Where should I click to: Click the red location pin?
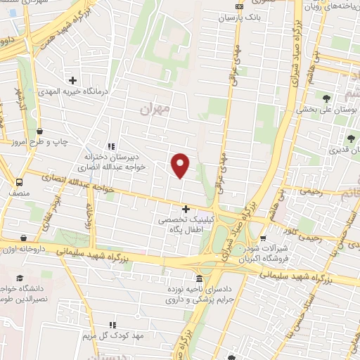pos(181,165)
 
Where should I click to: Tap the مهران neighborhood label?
pos(155,108)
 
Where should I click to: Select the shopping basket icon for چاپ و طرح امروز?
pos(39,131)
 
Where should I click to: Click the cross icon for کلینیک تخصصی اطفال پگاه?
pos(186,209)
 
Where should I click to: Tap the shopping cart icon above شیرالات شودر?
pos(265,238)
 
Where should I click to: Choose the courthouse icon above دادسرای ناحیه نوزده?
pos(200,278)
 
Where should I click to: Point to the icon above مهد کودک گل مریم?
pos(111,325)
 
